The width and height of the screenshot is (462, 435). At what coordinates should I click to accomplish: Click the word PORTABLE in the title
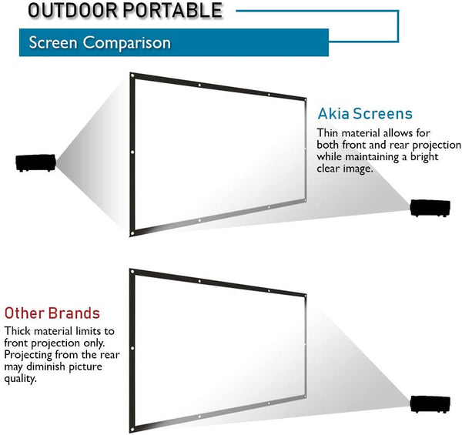click(172, 10)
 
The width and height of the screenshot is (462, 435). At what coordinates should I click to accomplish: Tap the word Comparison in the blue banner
click(127, 43)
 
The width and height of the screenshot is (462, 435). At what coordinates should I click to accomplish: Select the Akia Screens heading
click(365, 114)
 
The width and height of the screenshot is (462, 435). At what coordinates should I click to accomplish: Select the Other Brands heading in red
click(52, 313)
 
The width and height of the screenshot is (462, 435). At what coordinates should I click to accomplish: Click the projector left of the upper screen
click(35, 162)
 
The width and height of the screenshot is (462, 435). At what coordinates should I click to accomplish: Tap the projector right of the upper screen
click(430, 208)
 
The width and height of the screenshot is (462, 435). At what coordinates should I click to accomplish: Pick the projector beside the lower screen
click(430, 404)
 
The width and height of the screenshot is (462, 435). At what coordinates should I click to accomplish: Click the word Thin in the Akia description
click(327, 133)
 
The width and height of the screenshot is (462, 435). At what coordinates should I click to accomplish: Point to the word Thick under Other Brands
click(18, 331)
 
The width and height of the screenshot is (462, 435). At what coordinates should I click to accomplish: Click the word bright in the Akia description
click(424, 157)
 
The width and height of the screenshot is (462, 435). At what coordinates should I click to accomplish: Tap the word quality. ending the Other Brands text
click(20, 379)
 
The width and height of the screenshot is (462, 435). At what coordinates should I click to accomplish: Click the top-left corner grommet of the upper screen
click(132, 75)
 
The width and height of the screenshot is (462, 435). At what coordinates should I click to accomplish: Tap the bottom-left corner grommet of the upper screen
click(132, 233)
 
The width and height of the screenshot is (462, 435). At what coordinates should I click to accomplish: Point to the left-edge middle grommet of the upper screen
click(132, 152)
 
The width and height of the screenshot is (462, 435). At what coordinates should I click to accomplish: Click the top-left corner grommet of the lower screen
click(132, 272)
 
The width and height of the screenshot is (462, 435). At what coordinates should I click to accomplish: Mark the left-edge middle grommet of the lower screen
click(132, 348)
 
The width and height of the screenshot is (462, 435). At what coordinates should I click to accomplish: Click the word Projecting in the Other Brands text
click(28, 355)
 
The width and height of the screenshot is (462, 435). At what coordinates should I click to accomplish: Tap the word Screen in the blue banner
click(53, 42)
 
